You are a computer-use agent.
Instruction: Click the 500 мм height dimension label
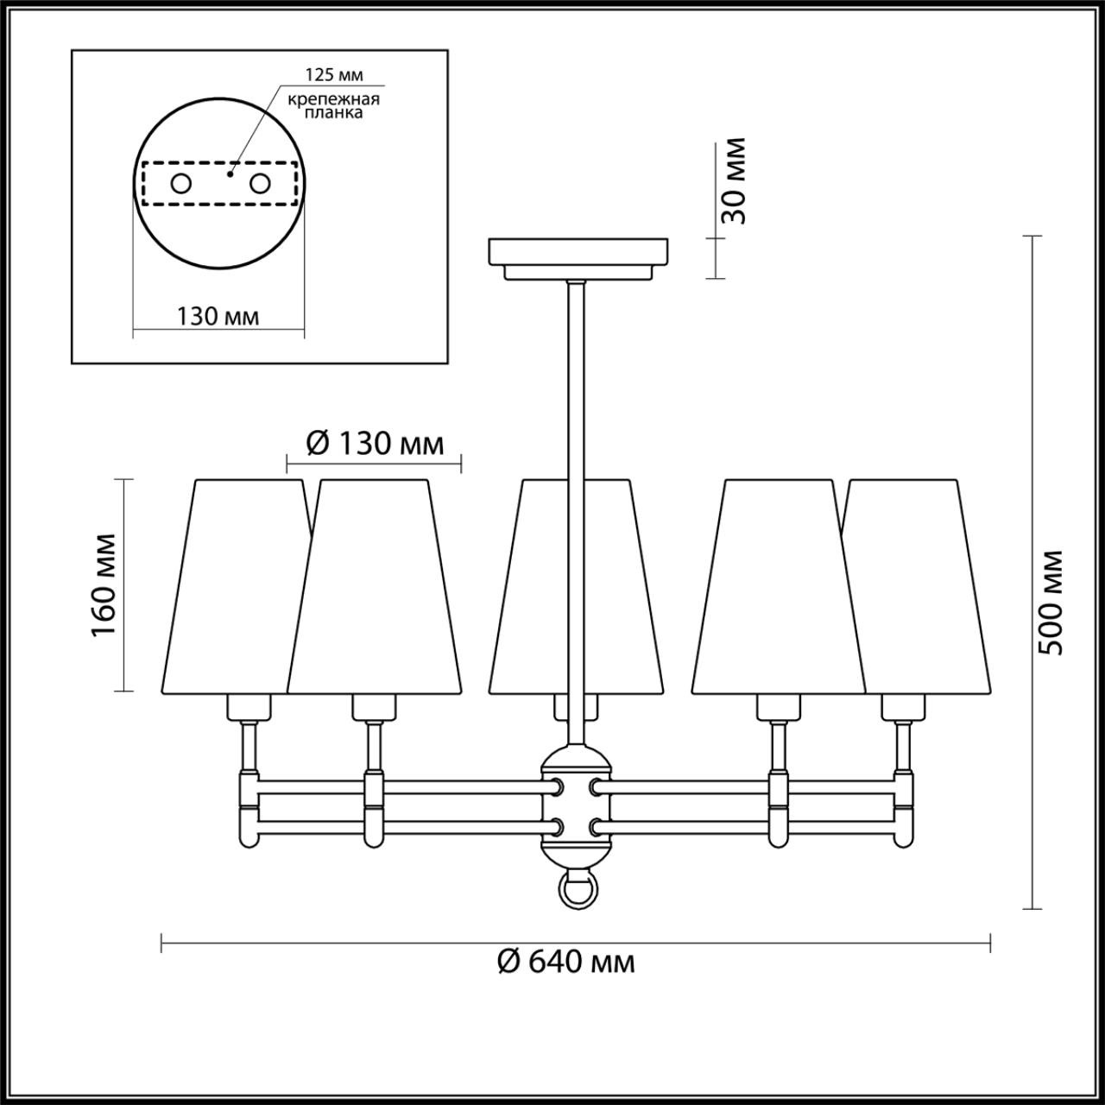pos(1051,602)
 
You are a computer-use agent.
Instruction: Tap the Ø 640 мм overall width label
pos(566,961)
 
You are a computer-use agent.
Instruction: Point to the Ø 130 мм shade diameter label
pos(376,444)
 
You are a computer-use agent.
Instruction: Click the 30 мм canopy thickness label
pos(733,180)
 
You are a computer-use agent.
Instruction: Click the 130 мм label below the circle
pos(218,317)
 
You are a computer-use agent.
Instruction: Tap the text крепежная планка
pos(334,105)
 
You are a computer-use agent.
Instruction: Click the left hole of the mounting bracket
pos(181,183)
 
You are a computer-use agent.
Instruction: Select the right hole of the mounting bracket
pos(259,183)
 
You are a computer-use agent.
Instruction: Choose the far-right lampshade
pos(924,587)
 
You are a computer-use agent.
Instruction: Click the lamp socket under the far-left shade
pos(249,708)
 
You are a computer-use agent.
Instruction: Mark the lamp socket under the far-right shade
pos(903,708)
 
